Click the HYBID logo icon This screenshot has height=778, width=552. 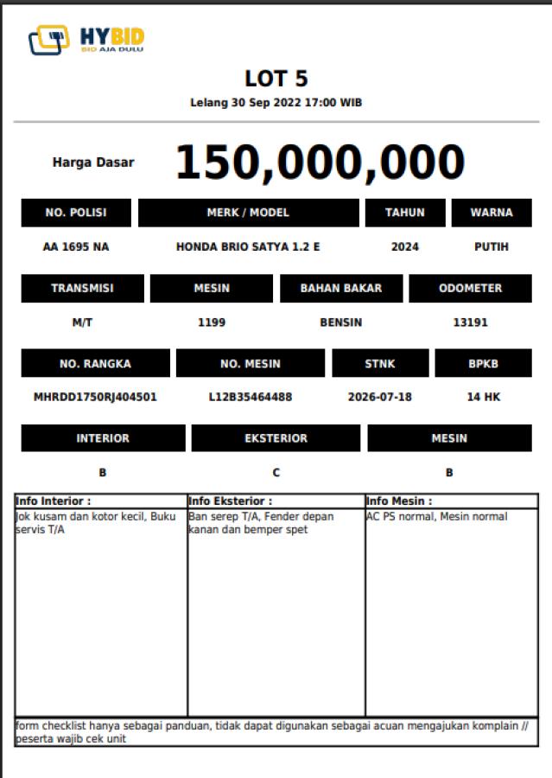click(x=49, y=40)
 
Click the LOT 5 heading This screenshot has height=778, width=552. click(x=276, y=80)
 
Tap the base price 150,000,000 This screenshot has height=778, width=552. click(x=320, y=162)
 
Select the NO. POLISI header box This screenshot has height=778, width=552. click(x=76, y=213)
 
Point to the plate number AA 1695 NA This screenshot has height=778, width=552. click(x=76, y=246)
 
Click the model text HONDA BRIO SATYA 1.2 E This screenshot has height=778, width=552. click(x=248, y=246)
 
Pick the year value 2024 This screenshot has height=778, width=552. click(x=405, y=246)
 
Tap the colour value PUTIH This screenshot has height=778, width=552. click(x=492, y=246)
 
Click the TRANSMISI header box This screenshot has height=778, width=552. click(x=82, y=289)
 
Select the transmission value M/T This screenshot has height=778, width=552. click(x=82, y=322)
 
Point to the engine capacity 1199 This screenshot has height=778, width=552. click(x=212, y=322)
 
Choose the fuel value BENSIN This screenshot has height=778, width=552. click(x=341, y=322)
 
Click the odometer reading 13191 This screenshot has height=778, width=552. click(x=471, y=322)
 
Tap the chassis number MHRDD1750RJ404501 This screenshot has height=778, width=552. click(x=95, y=398)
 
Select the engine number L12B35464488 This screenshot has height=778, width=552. click(x=251, y=398)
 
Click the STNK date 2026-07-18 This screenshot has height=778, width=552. click(x=380, y=398)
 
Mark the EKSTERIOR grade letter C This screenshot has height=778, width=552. click(x=276, y=473)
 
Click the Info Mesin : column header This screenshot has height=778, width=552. click(x=400, y=501)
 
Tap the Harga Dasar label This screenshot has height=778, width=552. click(x=93, y=162)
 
